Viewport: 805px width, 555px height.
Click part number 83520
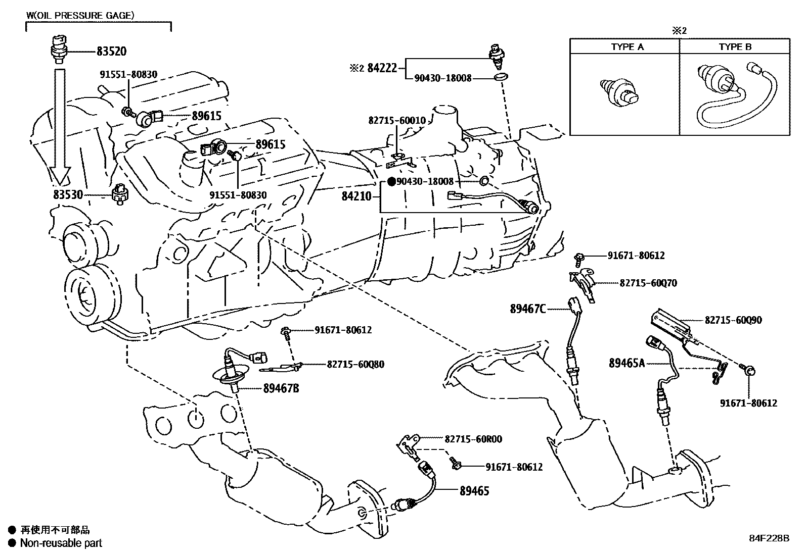click(111, 51)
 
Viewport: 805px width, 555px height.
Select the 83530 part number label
click(69, 195)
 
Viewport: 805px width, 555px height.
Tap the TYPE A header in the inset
click(627, 47)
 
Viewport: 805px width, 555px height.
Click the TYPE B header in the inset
click(735, 47)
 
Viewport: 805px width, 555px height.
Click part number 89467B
click(281, 388)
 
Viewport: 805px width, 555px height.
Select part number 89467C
click(527, 309)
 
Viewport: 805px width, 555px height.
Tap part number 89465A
click(627, 362)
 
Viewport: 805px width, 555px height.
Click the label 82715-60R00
click(474, 439)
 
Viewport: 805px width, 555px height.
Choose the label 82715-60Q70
click(648, 283)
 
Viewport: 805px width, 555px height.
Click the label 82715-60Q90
click(733, 320)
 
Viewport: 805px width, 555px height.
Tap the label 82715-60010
click(397, 121)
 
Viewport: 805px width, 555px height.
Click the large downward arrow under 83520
click(60, 126)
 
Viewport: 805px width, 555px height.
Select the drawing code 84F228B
click(769, 538)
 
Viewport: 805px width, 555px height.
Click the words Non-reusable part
click(61, 543)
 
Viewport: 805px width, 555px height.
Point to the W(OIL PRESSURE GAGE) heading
click(80, 15)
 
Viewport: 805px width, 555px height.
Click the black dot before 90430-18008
click(391, 181)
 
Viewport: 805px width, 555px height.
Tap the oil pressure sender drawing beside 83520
click(58, 48)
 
